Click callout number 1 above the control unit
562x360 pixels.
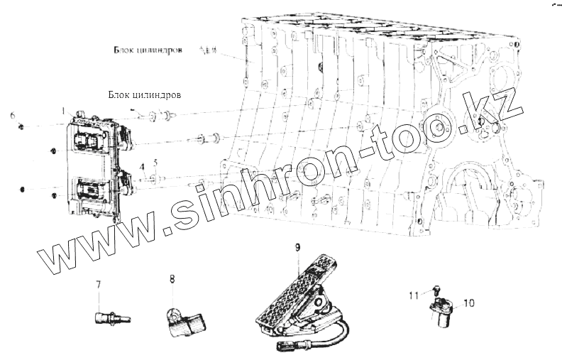coord(63,111)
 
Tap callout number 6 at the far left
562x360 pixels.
coord(12,114)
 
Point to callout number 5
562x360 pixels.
coord(155,164)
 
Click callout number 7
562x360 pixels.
coord(99,285)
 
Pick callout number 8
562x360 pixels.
coord(171,280)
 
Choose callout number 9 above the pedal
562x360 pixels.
coord(298,246)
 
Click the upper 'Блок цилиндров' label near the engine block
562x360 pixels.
coord(148,51)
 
